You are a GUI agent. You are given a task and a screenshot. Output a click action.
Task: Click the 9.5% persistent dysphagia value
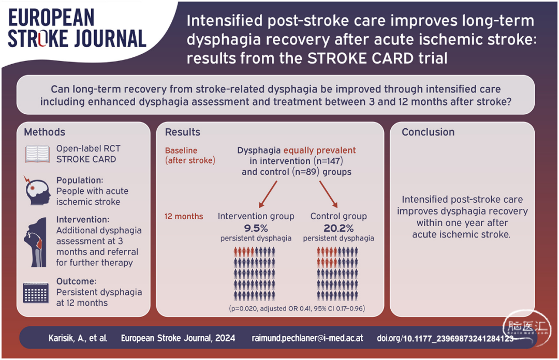pos(256,228)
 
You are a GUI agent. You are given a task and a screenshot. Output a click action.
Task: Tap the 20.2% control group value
pos(339,228)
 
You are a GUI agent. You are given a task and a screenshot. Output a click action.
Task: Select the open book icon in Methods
pos(37,154)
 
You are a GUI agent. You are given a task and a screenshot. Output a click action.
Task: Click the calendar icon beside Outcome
pos(36,292)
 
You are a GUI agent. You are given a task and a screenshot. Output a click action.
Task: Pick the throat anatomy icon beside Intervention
pos(36,243)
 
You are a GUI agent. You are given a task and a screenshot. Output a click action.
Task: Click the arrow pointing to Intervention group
pos(268,194)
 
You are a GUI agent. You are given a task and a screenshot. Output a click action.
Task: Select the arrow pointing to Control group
pos(328,194)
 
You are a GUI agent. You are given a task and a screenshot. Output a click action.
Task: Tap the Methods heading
pos(45,132)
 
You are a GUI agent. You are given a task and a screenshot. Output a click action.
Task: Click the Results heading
pos(183,132)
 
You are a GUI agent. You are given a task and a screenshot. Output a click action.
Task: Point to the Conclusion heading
pos(428,132)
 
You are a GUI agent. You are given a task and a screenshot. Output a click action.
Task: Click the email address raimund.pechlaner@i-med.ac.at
pos(307,338)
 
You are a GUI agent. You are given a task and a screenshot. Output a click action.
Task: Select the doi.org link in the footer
pos(445,338)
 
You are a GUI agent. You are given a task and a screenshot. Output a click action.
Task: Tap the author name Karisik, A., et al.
pos(78,338)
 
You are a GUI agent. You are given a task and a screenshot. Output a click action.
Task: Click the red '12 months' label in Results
pos(184,216)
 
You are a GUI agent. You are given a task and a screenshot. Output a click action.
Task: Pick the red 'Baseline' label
pos(181,151)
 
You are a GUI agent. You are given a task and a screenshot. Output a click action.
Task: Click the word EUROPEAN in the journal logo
pos(51,18)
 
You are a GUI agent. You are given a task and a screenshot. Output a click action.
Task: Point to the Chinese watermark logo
pos(526,327)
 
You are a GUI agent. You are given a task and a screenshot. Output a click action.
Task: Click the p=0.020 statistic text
pos(243,309)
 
